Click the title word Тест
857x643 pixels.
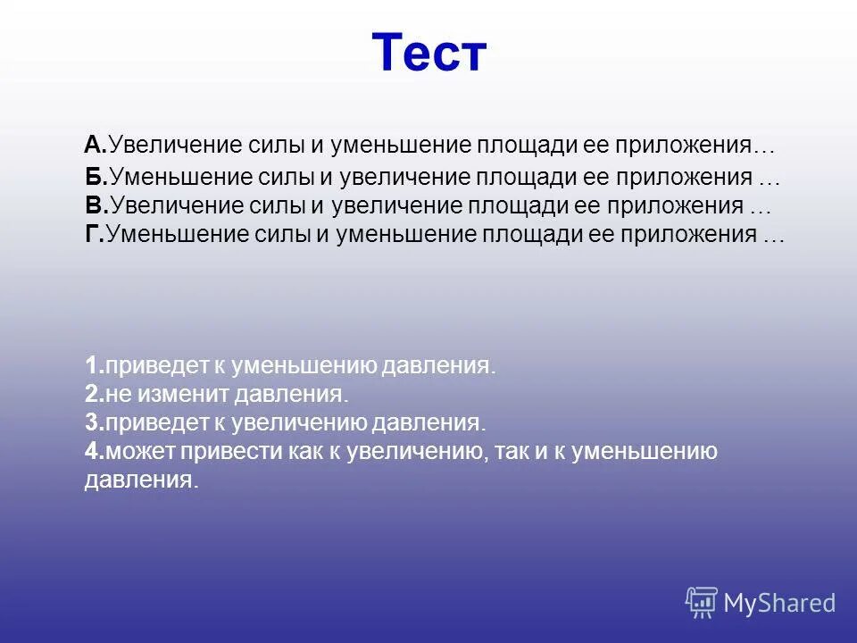click(x=428, y=54)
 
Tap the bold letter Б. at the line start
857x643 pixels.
click(x=96, y=178)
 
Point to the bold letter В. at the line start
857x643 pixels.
click(x=96, y=206)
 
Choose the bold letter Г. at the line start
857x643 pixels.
click(x=95, y=235)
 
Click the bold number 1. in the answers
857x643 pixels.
click(x=95, y=365)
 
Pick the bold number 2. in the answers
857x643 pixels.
click(x=95, y=394)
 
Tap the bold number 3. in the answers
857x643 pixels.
click(x=95, y=422)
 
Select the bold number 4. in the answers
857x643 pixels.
click(x=95, y=451)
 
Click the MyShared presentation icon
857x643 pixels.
click(x=702, y=603)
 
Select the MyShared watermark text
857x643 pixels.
click(x=779, y=604)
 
